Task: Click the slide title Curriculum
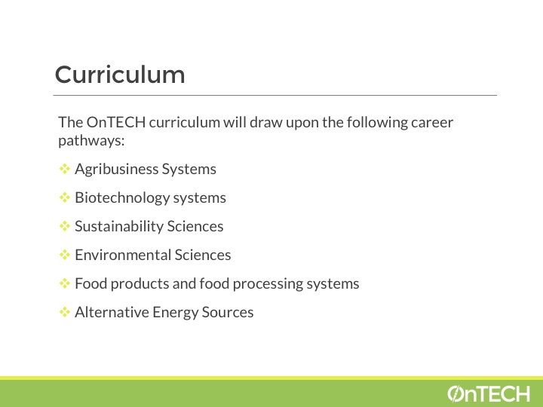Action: [x=120, y=75]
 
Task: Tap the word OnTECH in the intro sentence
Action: [x=116, y=122]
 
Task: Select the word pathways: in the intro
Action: [x=91, y=141]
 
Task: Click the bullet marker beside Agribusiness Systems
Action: [x=65, y=169]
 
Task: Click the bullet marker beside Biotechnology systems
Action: [x=65, y=197]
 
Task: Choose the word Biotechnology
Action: [x=122, y=198]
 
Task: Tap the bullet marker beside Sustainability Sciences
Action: [x=65, y=226]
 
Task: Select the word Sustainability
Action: [x=119, y=226]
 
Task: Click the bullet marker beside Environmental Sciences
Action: [x=65, y=255]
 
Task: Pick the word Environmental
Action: [x=123, y=255]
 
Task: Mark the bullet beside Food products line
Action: [x=65, y=283]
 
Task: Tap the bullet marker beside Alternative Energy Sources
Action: [x=65, y=312]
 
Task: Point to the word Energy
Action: [x=175, y=313]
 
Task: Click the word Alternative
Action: [x=112, y=312]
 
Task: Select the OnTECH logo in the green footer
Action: [x=489, y=394]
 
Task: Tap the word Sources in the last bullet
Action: [x=228, y=312]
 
